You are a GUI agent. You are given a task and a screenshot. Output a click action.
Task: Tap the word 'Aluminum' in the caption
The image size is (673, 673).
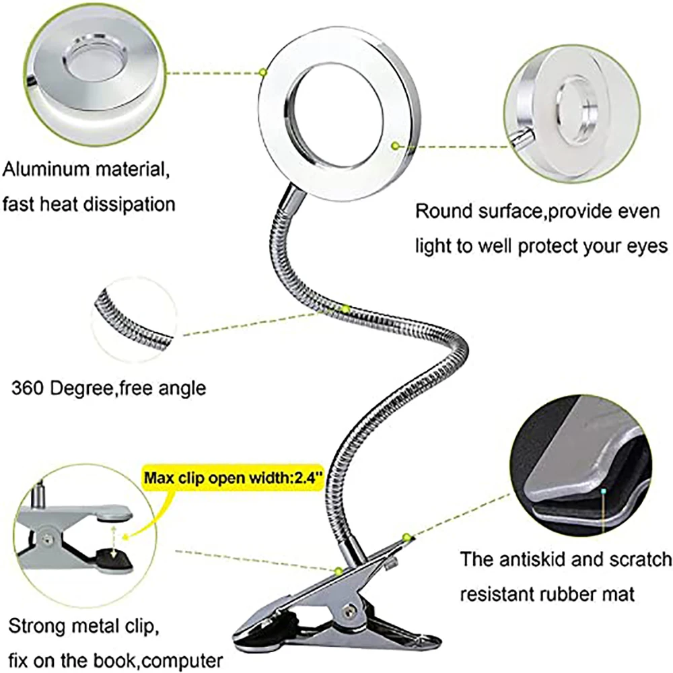[x=45, y=169]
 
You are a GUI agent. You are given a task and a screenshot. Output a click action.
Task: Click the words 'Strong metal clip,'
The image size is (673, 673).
[x=82, y=628]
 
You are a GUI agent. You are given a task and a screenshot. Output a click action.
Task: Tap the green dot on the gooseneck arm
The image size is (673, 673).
[x=345, y=308]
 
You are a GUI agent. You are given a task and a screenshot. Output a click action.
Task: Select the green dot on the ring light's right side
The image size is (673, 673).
[x=395, y=144]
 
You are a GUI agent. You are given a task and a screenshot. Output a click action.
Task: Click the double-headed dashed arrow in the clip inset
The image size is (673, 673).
[x=116, y=538]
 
